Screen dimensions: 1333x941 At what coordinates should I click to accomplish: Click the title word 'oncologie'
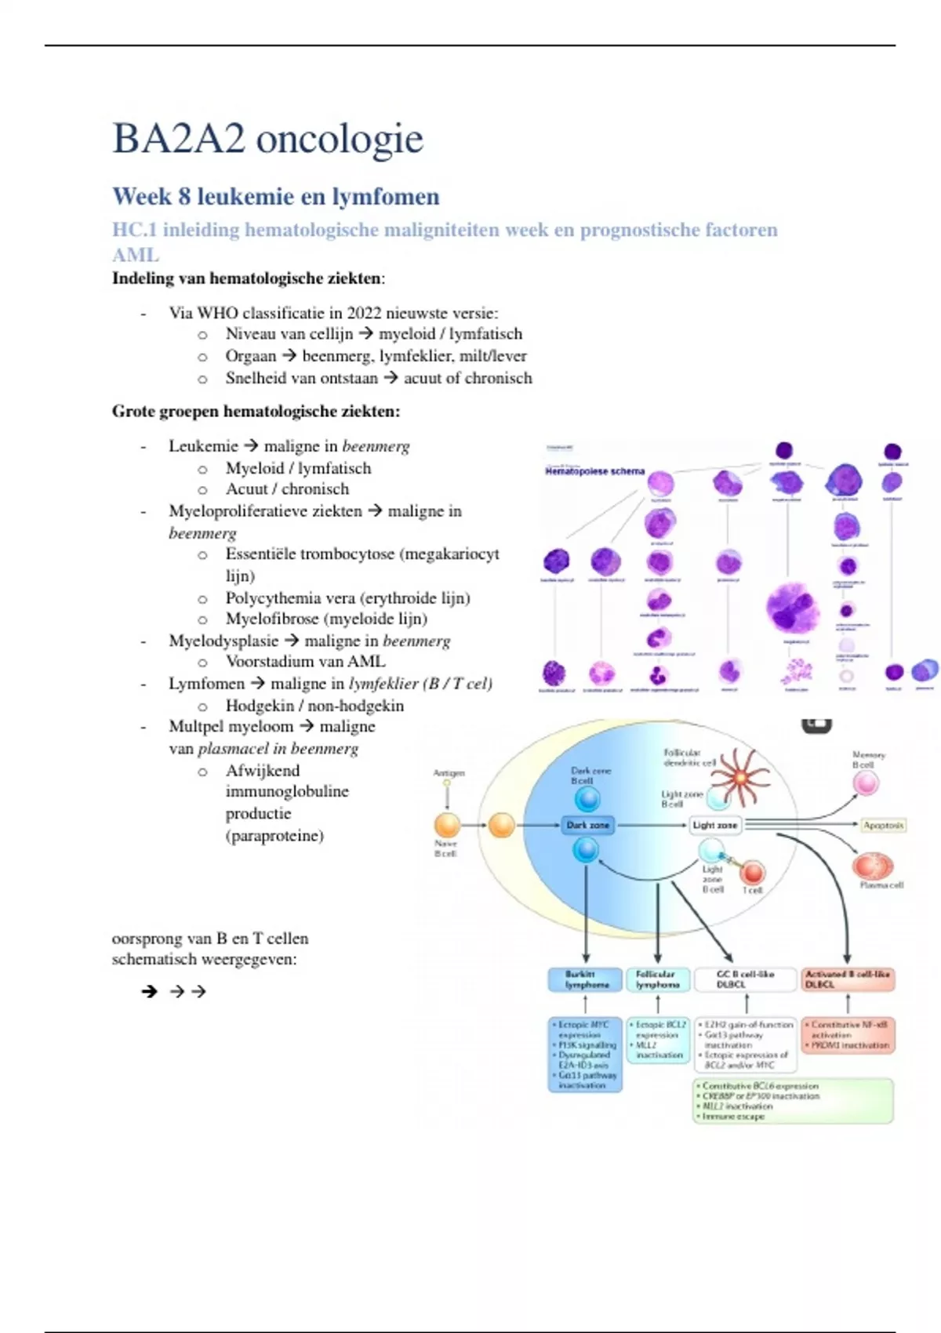click(340, 139)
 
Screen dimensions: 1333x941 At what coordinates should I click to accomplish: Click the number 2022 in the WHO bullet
click(364, 313)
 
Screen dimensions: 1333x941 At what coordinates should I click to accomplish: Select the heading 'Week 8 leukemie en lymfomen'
click(275, 196)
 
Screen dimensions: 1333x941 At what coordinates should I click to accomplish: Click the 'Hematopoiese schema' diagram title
click(594, 471)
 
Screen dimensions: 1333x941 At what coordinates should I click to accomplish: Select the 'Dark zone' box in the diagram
click(587, 825)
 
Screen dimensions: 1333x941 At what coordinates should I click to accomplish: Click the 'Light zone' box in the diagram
click(714, 825)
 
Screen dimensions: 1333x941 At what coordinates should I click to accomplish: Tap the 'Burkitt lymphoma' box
click(586, 979)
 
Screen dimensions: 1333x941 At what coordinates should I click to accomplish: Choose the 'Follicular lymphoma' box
click(657, 979)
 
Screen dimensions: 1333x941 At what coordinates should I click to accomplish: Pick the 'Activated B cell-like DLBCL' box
click(848, 979)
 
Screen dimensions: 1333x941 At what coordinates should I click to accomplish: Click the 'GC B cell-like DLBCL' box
click(745, 979)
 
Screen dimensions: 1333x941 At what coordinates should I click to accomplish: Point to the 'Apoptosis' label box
click(883, 825)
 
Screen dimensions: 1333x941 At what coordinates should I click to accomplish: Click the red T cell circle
click(753, 872)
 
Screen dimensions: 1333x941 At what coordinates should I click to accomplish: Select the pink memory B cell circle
click(866, 783)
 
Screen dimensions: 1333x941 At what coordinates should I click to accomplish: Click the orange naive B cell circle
click(447, 825)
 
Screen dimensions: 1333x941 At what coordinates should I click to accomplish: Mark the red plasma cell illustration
click(873, 866)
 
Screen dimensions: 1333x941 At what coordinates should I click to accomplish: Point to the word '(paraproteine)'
click(274, 836)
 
